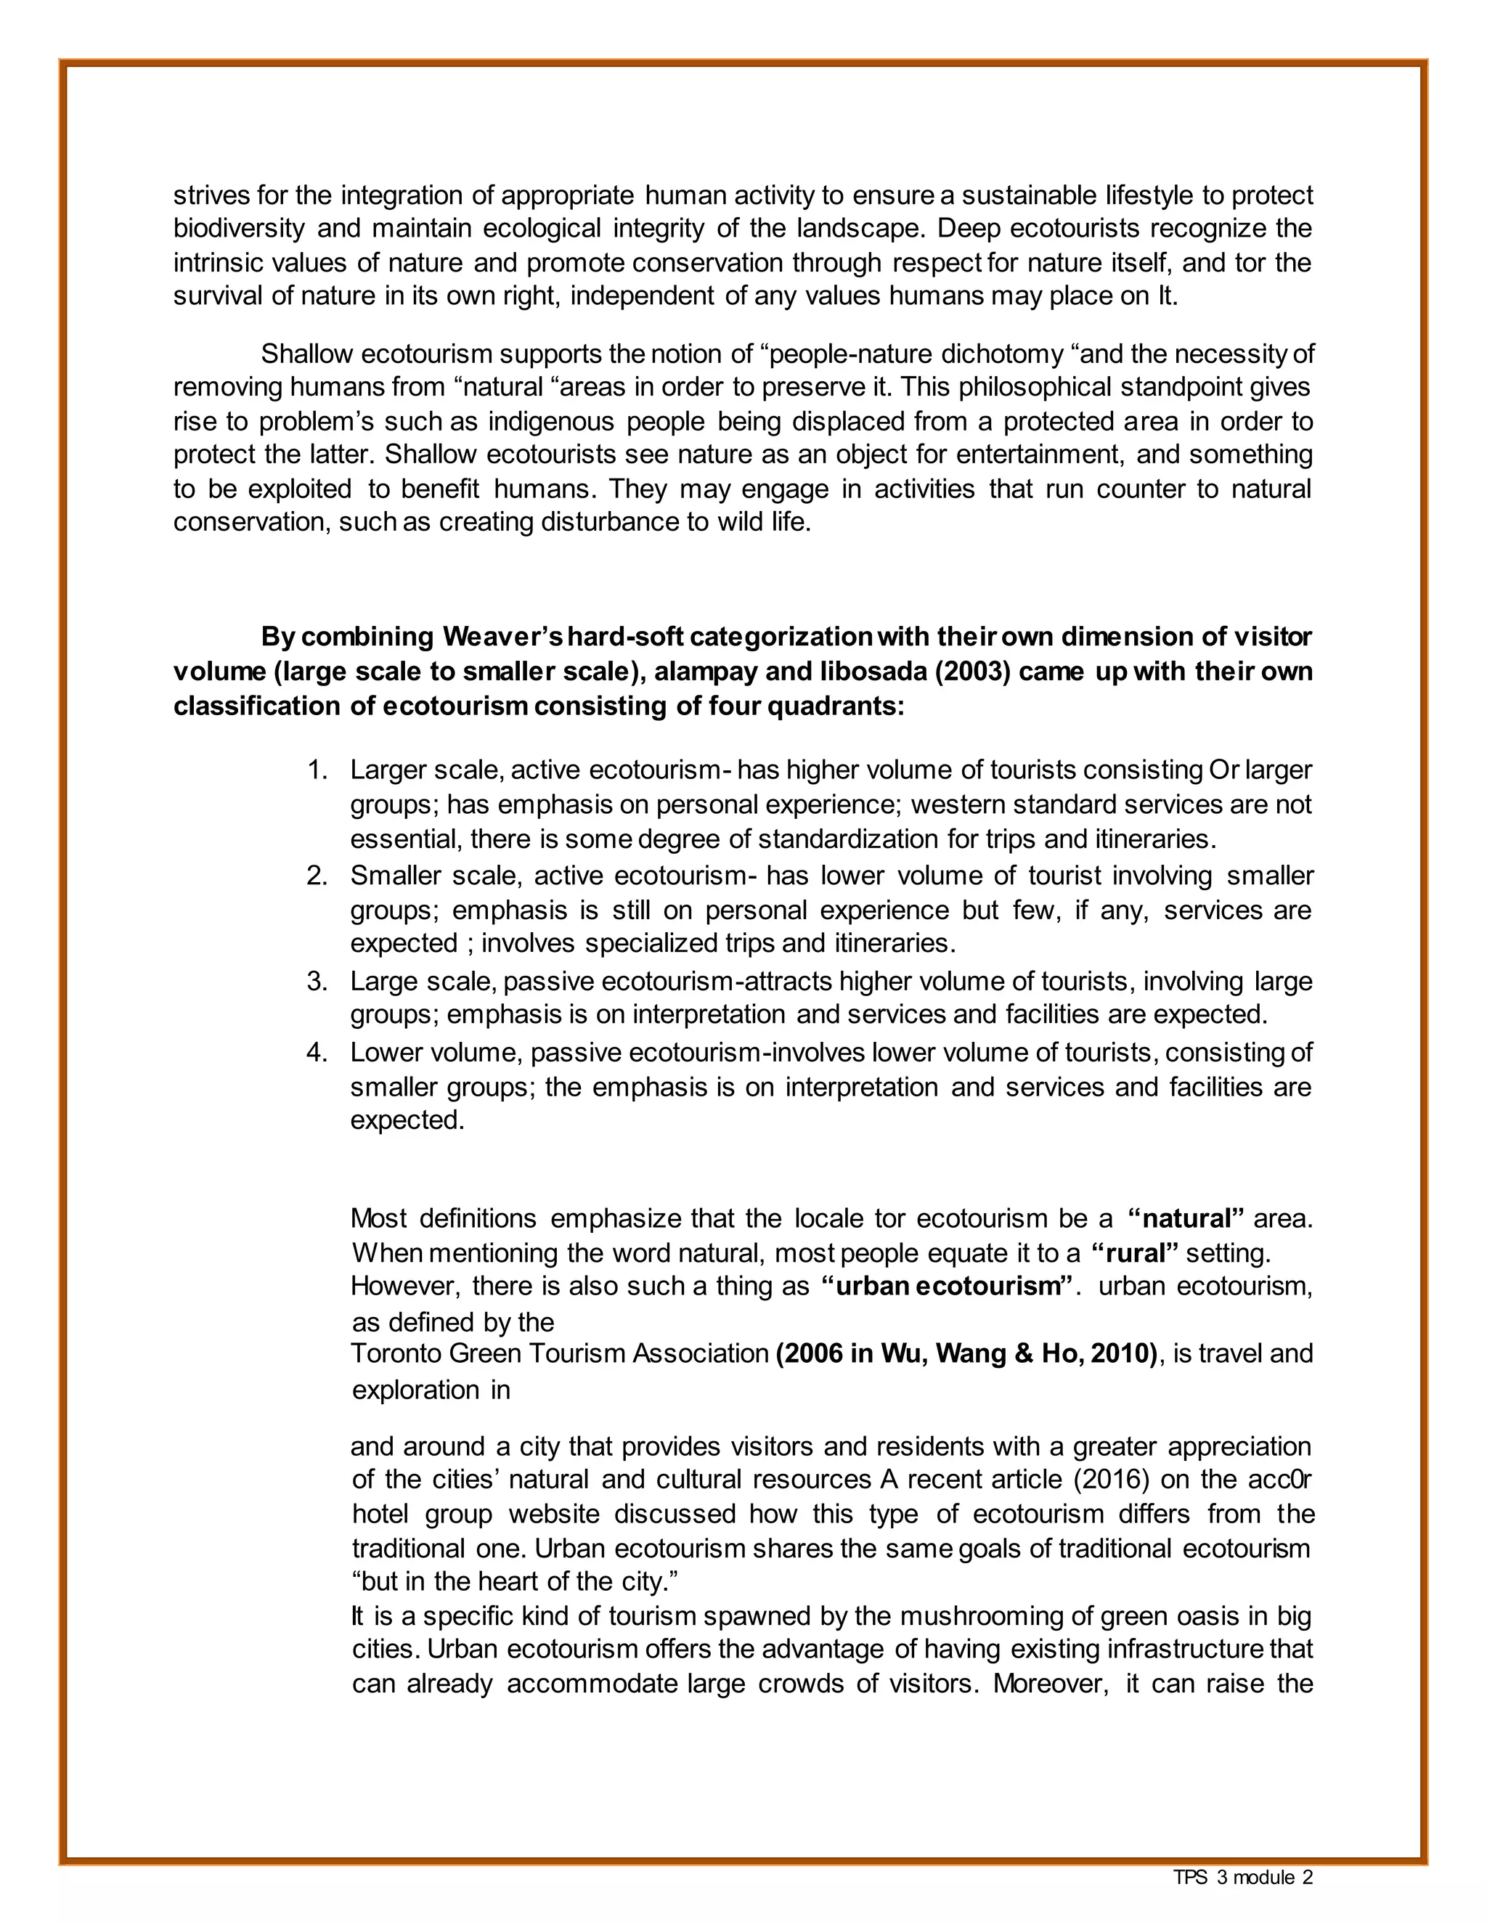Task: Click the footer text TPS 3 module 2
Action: click(x=1242, y=1878)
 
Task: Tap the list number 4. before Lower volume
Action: click(x=317, y=1053)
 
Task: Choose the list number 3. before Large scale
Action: click(x=317, y=982)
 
